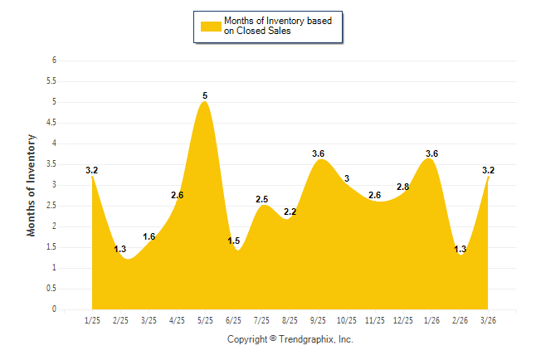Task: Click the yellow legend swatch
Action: coord(211,27)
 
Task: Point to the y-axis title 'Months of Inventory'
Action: coord(32,185)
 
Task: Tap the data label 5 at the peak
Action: coord(205,96)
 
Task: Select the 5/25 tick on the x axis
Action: coord(205,320)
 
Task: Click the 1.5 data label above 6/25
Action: coord(234,241)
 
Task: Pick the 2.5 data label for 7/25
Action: coord(261,199)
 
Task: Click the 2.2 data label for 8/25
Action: coord(290,212)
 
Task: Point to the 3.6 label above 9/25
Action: coord(318,153)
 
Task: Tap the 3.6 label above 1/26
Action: coord(431,153)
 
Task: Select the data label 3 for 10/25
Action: coord(347,178)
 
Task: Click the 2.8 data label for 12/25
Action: coord(403,187)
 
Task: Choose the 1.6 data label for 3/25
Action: coord(149,237)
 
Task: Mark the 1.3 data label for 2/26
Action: coord(460,250)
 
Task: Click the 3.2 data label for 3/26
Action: coord(489,171)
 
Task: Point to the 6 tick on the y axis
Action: coord(54,61)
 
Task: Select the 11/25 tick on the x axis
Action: coord(374,320)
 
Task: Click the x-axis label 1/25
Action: coord(92,320)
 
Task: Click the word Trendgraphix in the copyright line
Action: coord(305,339)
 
